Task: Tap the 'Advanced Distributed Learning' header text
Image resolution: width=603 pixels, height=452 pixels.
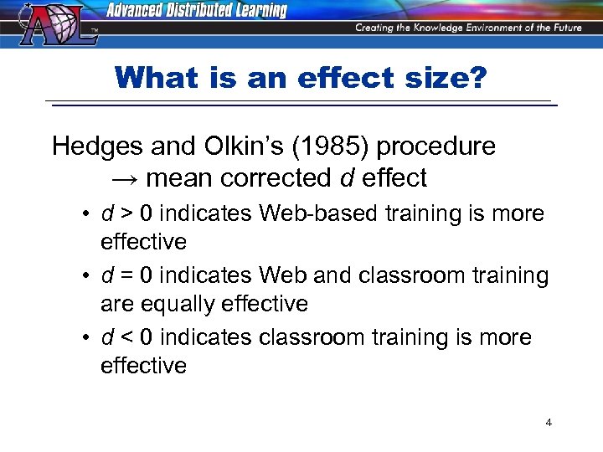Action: pyautogui.click(x=197, y=11)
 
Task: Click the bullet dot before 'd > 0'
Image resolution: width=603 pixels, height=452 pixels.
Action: pyautogui.click(x=87, y=214)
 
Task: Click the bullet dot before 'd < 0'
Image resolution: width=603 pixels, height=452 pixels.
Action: pyautogui.click(x=87, y=338)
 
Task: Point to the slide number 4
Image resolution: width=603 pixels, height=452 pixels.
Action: pyautogui.click(x=549, y=423)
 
